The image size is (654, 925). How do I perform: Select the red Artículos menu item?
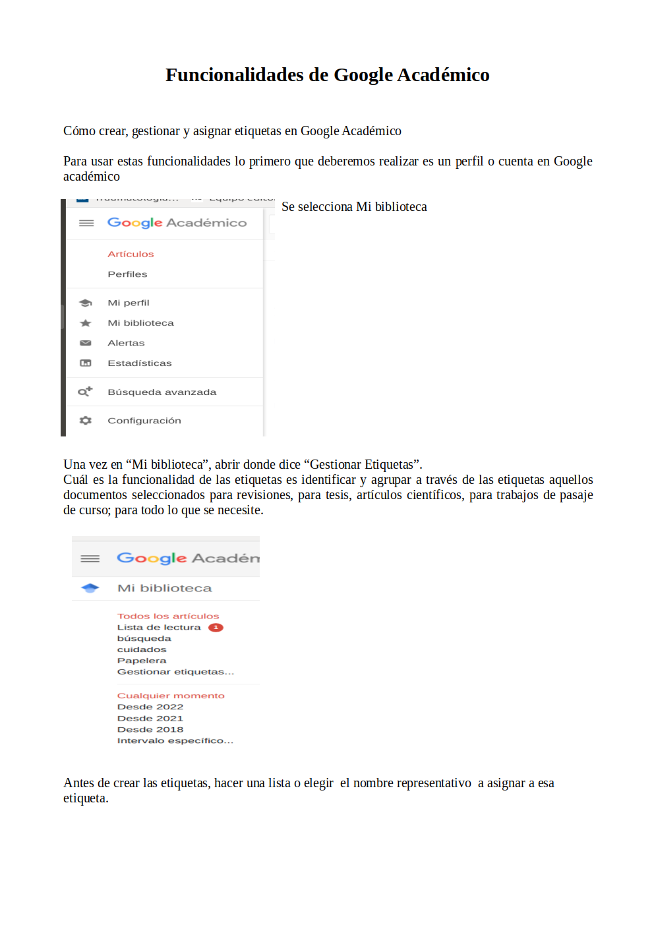point(131,254)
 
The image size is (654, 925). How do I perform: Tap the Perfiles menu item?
point(127,274)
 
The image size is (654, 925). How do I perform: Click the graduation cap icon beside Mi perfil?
point(86,303)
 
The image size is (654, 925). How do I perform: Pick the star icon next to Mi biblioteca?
point(86,323)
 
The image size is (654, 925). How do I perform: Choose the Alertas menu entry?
point(126,343)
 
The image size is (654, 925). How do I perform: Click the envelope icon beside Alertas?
point(86,343)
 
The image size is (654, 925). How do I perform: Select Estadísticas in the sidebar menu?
point(139,363)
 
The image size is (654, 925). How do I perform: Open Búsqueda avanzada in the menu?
point(162,392)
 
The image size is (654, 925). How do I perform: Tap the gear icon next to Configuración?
point(86,421)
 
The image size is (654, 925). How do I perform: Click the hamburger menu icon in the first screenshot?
point(86,223)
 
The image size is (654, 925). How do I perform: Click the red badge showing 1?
point(216,628)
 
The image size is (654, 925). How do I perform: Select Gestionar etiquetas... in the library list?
point(175,672)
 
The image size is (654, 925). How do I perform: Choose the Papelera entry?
point(142,661)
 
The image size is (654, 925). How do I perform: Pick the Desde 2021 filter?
point(150,719)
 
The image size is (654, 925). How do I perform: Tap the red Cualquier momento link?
point(171,696)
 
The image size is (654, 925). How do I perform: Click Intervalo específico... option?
point(175,740)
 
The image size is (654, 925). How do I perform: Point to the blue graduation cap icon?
point(90,588)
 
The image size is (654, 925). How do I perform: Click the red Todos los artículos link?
point(168,616)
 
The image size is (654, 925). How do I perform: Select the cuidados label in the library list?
point(142,649)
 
